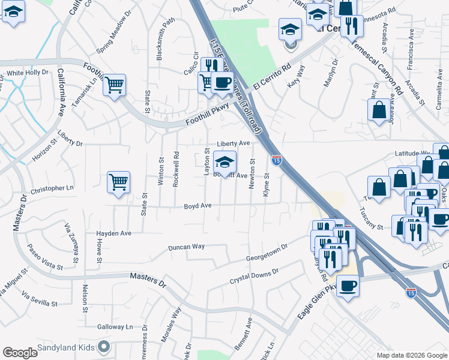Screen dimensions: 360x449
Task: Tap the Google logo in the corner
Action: coord(20,353)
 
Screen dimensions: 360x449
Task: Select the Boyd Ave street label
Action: coord(198,206)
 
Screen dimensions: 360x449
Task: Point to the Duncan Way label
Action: coord(186,247)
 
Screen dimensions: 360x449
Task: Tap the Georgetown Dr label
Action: coord(267,252)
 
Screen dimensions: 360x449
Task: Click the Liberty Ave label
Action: coord(233,144)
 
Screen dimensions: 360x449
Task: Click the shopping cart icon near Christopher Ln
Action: coord(118,181)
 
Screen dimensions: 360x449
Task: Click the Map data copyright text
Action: coord(412,355)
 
